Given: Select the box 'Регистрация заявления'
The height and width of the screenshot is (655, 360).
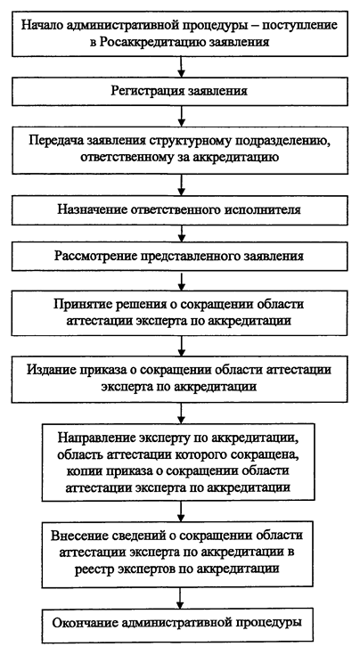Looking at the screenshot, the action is pyautogui.click(x=180, y=92).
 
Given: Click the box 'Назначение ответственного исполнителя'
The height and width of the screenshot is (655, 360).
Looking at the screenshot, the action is pyautogui.click(x=180, y=210).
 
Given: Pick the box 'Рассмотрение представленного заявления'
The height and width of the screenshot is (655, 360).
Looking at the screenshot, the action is pyautogui.click(x=180, y=256).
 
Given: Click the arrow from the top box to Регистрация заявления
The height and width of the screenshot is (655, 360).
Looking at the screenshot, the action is pyautogui.click(x=181, y=67).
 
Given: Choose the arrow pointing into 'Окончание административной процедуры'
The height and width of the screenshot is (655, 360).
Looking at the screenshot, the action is pyautogui.click(x=180, y=599).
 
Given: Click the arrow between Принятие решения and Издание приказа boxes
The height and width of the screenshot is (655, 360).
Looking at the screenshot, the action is pyautogui.click(x=181, y=346).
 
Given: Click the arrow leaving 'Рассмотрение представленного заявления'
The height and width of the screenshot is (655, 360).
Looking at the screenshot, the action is pyautogui.click(x=181, y=281).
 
